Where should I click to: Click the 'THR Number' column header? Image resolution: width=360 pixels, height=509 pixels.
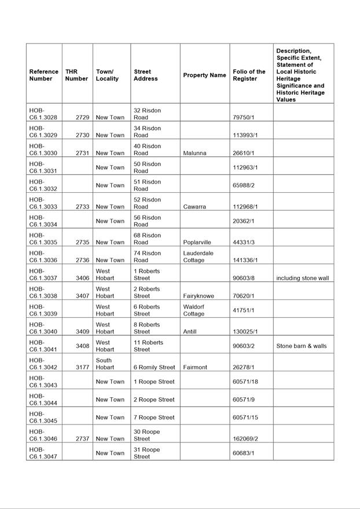coord(76,75)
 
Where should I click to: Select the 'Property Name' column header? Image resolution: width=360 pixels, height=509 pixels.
coord(204,75)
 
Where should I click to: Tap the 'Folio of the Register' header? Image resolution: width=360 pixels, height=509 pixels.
coord(249,75)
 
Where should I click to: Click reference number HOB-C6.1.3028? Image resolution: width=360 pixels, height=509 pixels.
coord(43,113)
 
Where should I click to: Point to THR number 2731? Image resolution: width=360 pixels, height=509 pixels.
coord(82,153)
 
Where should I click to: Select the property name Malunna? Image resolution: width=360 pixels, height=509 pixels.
coord(195,153)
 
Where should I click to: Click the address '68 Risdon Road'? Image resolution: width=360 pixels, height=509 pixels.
coord(147,239)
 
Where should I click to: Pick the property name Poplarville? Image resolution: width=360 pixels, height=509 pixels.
coord(197,242)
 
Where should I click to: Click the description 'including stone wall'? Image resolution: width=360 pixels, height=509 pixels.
coord(302,278)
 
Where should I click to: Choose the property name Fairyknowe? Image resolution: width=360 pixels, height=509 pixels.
coord(199,296)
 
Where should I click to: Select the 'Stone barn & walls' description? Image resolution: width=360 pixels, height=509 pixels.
coord(301,346)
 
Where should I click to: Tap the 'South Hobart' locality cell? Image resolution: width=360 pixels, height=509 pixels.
coord(105,364)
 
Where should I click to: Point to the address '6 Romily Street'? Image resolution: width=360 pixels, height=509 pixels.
coord(154,367)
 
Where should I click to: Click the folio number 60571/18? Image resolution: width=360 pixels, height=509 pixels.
coord(245,382)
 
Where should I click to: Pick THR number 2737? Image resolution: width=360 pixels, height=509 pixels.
coord(82,438)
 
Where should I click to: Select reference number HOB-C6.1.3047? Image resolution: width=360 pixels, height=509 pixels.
coord(43,453)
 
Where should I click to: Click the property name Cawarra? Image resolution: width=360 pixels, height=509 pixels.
coord(194,207)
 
